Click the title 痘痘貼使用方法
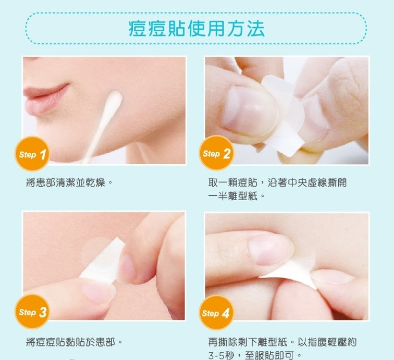(x=196, y=28)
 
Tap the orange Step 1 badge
(x=32, y=153)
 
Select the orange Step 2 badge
(x=216, y=153)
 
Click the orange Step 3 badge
(x=32, y=312)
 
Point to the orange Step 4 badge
(x=216, y=312)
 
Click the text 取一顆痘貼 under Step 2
(x=232, y=183)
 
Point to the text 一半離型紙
(x=232, y=196)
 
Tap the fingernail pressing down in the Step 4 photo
(x=270, y=249)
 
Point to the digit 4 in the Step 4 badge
(x=225, y=313)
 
